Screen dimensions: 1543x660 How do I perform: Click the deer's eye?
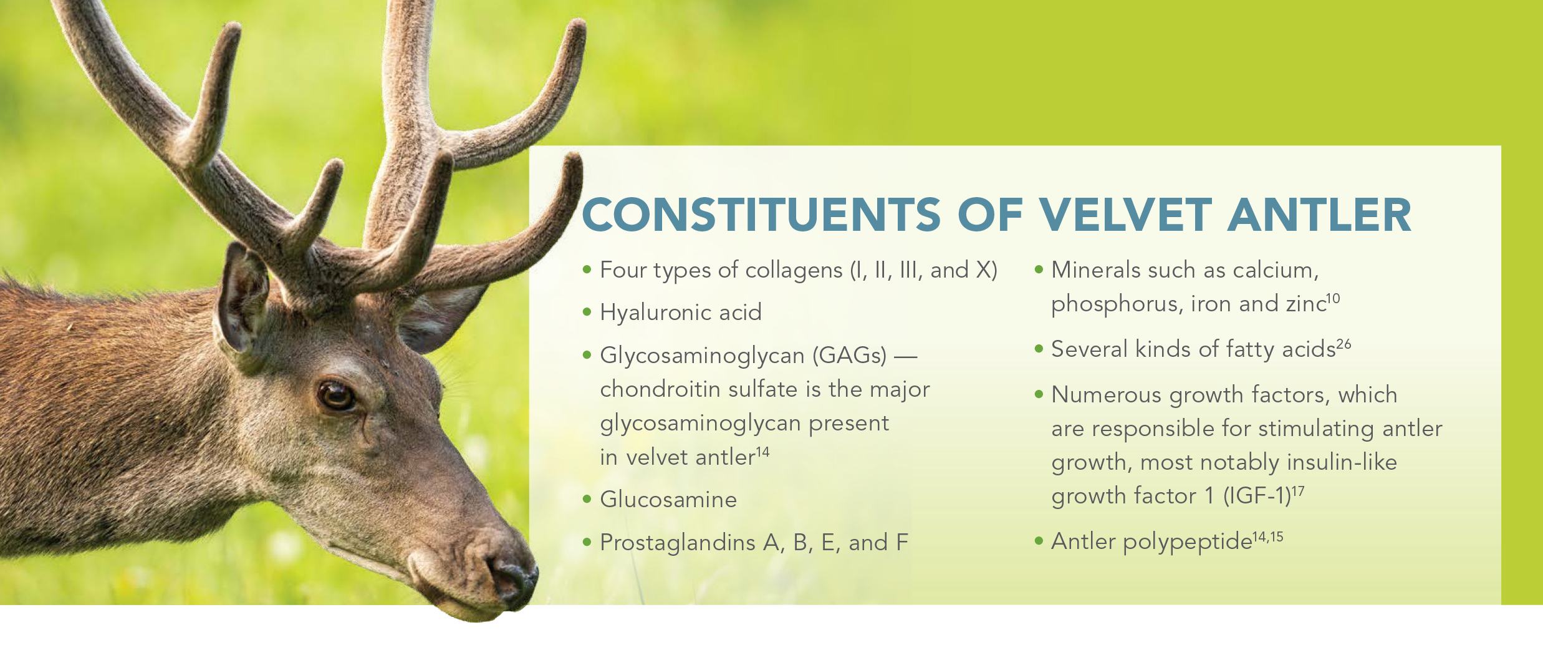point(337,396)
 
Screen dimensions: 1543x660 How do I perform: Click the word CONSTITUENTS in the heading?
point(761,215)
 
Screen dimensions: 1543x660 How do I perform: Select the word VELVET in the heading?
point(1126,215)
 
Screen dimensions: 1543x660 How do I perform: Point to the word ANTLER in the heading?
point(1319,215)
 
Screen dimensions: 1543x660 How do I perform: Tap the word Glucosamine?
point(668,500)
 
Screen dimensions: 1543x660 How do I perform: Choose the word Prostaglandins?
point(678,543)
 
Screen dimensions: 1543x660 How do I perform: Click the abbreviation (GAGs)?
point(849,356)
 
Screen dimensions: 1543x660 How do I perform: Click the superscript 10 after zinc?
point(1333,299)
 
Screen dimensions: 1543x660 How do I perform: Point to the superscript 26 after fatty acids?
point(1344,344)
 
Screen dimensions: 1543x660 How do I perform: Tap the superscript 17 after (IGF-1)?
point(1297,491)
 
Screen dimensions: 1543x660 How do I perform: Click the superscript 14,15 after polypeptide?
point(1268,536)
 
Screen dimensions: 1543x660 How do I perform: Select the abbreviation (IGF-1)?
point(1256,496)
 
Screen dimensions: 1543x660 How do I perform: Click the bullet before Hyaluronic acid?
point(587,312)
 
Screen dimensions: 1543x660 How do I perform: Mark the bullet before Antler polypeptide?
point(1039,541)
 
